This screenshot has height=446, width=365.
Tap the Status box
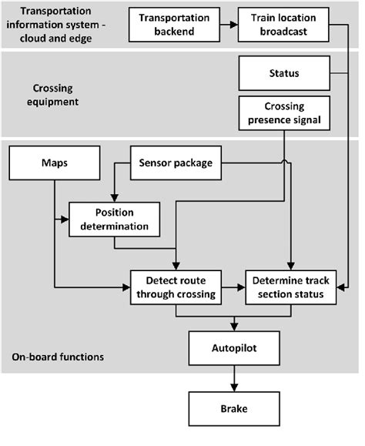[284, 74]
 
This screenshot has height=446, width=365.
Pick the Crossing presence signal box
[284, 115]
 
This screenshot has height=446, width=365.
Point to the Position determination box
[114, 219]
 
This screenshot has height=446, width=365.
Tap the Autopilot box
[233, 348]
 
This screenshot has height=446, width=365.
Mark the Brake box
[233, 409]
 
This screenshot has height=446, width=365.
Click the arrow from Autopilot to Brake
[233, 378]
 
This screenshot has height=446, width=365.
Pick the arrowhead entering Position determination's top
[114, 198]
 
